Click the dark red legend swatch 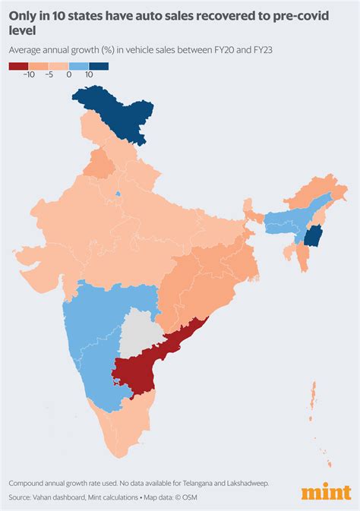18,66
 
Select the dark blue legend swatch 99,66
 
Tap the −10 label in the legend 30,76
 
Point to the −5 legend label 50,76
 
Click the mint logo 326,492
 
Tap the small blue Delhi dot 118,193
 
